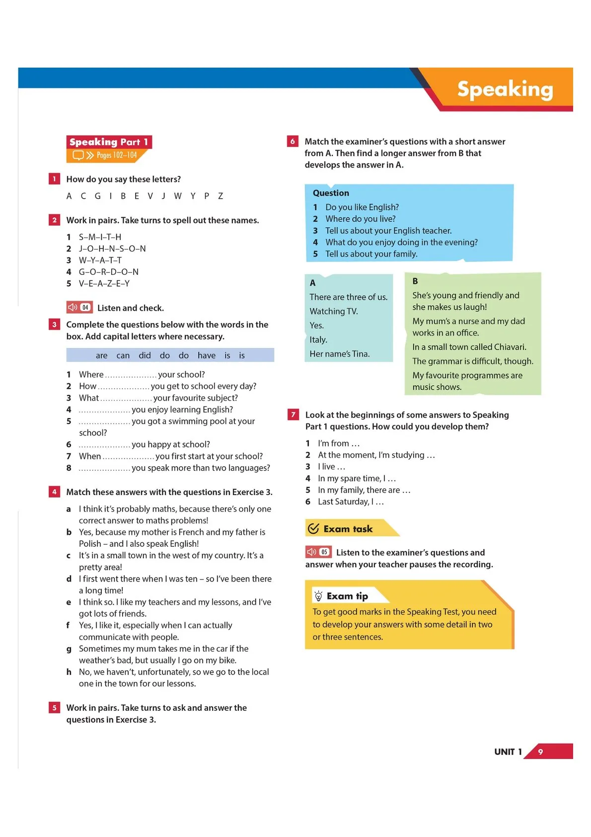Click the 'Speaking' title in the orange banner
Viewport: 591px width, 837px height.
tap(505, 89)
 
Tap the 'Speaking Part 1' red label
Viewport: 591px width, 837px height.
tap(109, 142)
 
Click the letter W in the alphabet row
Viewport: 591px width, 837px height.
tap(178, 196)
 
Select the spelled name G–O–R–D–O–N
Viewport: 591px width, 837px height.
tap(109, 272)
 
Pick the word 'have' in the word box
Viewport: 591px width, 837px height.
tap(206, 355)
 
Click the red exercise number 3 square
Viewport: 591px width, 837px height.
tap(55, 325)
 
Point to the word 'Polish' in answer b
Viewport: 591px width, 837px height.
tap(90, 544)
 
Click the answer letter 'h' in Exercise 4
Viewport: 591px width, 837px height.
tap(69, 672)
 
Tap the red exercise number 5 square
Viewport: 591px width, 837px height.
tap(55, 708)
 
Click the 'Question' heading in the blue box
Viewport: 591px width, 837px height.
tap(331, 193)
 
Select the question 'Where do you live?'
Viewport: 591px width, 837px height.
tap(361, 219)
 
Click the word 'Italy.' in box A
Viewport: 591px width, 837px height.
tap(318, 339)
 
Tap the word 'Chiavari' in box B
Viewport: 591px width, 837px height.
tap(510, 347)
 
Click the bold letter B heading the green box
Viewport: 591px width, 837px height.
tap(415, 281)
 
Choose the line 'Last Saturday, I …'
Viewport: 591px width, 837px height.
tap(351, 502)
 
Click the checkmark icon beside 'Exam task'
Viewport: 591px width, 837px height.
tap(313, 528)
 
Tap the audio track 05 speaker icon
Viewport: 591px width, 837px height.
tap(312, 552)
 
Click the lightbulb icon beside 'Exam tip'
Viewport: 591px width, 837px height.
tap(318, 596)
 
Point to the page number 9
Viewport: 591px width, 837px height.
tap(540, 752)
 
